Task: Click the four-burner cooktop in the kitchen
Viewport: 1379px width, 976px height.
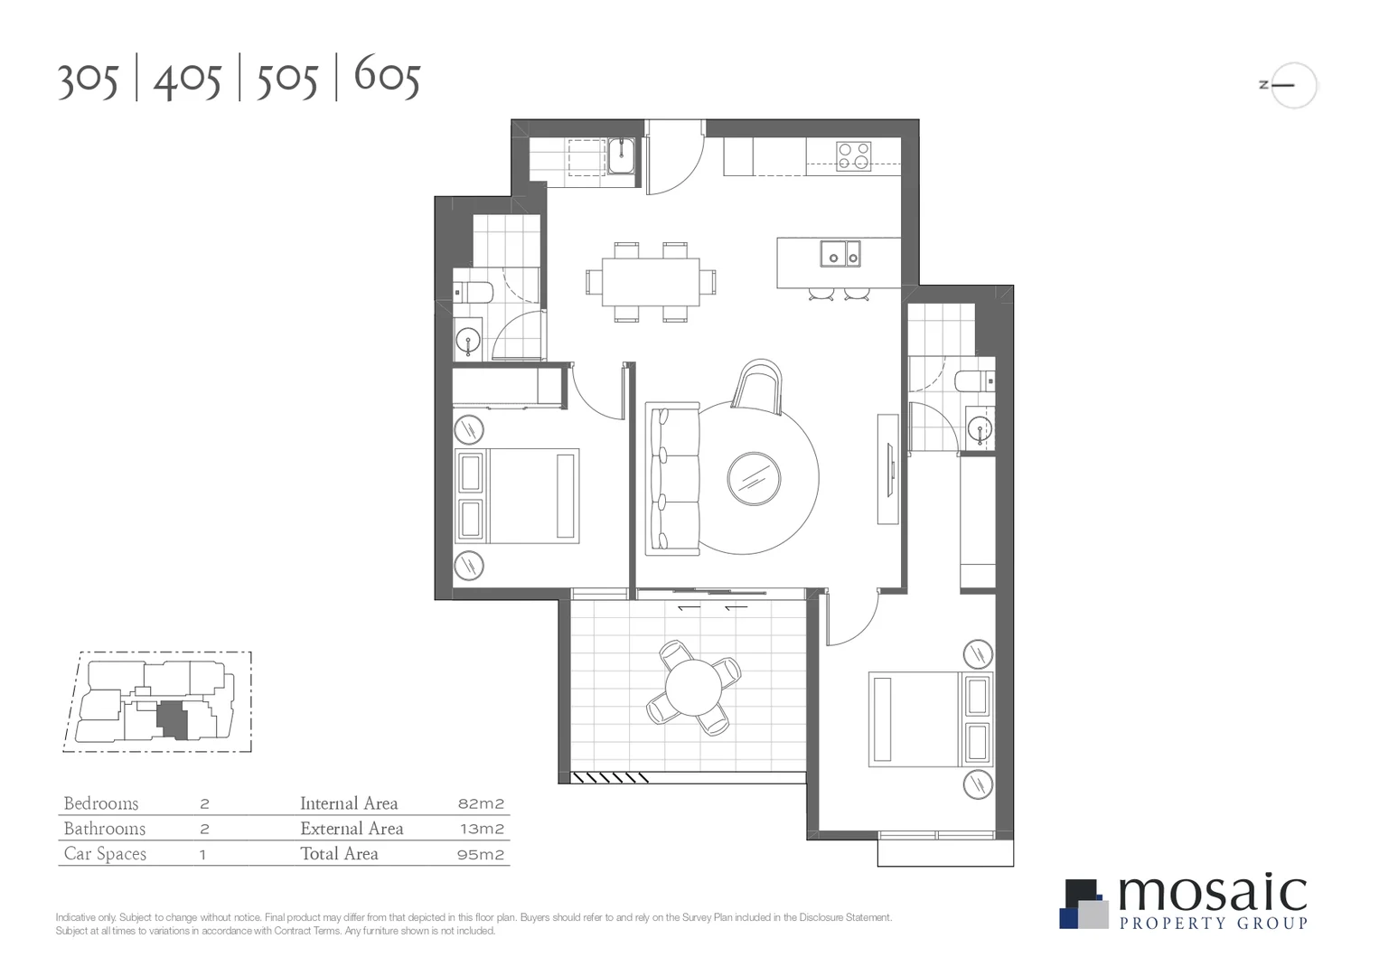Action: coord(853,156)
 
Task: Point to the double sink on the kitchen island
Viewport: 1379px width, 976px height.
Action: coord(840,254)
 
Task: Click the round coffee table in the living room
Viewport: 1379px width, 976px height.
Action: coord(754,479)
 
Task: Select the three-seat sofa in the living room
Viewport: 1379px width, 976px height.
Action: coord(674,479)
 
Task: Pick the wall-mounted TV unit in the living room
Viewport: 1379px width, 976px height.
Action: coord(889,469)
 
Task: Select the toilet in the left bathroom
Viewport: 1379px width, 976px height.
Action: coord(474,292)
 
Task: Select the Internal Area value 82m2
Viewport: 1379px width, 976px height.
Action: coord(481,803)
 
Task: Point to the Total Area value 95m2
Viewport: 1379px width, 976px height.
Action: coord(481,854)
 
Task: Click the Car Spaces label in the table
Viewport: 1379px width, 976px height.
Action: coord(105,854)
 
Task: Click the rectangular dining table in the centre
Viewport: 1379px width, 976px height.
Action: coord(651,282)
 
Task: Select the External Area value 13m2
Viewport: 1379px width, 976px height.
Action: coord(481,829)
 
